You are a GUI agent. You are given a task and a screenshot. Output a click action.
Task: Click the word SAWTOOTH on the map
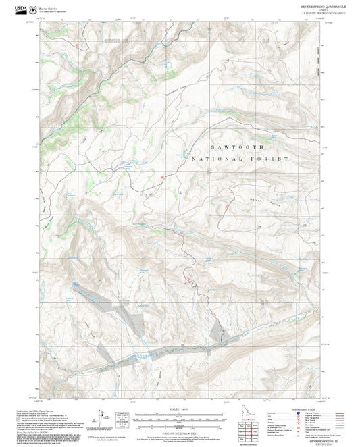[233, 146]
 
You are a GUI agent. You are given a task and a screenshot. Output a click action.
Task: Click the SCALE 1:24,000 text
[180, 409]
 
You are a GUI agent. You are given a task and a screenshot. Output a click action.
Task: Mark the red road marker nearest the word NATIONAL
[163, 176]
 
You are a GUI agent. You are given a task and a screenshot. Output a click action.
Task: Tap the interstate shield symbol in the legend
[298, 413]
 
